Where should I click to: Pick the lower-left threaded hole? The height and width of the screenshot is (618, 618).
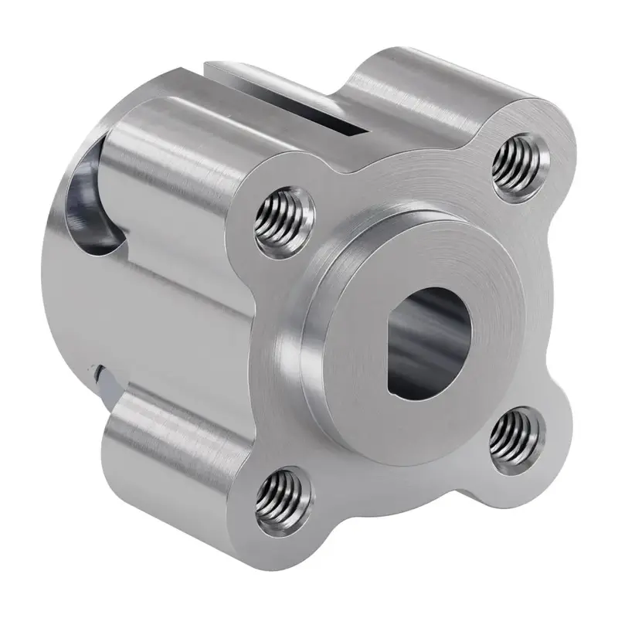tap(282, 495)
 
